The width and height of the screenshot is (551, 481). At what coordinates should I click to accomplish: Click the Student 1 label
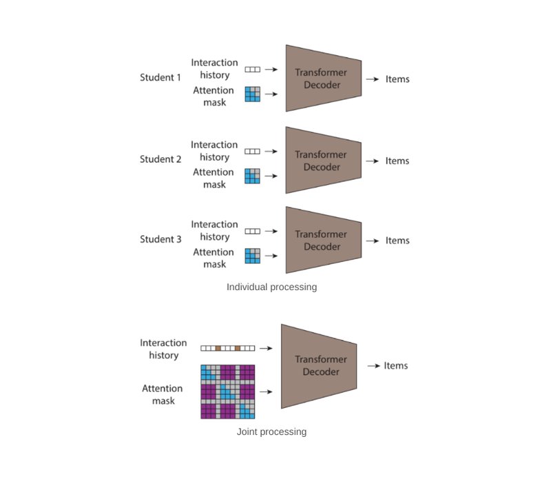(160, 77)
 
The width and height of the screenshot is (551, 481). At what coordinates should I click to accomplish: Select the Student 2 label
(160, 159)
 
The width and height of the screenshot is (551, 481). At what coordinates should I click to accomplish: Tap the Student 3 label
(160, 240)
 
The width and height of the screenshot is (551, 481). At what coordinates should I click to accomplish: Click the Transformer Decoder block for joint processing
(318, 366)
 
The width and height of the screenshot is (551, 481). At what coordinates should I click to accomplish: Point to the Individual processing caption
(271, 287)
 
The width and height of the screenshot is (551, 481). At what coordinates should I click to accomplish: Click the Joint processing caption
(271, 432)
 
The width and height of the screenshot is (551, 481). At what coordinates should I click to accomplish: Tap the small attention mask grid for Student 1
(253, 94)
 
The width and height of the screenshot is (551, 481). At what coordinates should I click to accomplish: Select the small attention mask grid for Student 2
(253, 176)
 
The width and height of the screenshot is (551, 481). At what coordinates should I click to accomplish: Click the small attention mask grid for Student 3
(253, 256)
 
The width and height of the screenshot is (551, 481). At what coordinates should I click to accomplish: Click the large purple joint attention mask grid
(228, 391)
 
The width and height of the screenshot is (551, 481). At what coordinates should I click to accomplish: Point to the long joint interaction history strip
(228, 349)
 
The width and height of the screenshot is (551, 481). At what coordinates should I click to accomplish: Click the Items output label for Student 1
(397, 79)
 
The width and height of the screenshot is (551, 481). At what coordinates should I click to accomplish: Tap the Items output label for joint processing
(396, 366)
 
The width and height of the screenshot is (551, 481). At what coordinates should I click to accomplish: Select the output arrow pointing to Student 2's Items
(372, 161)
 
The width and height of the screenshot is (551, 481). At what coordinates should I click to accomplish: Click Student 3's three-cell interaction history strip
(253, 232)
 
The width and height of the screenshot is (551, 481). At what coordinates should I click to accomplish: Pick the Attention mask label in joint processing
(163, 395)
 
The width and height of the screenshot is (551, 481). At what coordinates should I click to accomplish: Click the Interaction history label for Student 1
(214, 69)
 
